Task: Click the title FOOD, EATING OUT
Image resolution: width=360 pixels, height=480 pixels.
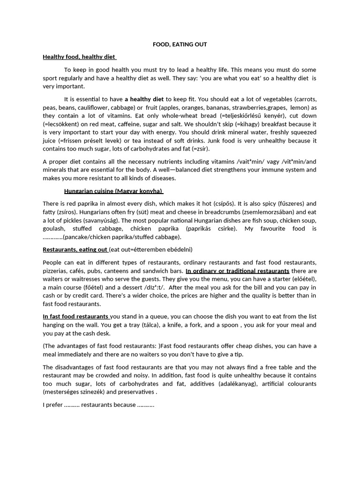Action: (180, 45)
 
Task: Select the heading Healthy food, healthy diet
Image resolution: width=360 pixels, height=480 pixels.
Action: (79, 57)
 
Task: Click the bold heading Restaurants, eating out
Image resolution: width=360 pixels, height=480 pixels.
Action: (75, 249)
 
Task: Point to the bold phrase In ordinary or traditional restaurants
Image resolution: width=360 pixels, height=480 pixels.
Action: (237, 271)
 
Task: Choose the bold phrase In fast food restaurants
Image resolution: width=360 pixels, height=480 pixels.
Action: (75, 316)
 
